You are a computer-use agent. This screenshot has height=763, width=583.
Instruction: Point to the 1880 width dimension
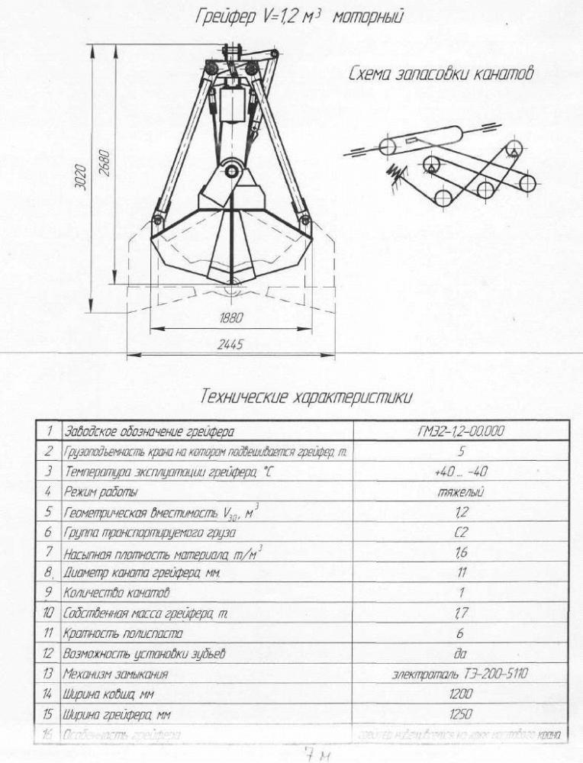(230, 317)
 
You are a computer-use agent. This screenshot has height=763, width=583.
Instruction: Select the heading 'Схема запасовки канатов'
(440, 74)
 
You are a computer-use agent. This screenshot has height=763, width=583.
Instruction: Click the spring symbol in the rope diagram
(397, 173)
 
